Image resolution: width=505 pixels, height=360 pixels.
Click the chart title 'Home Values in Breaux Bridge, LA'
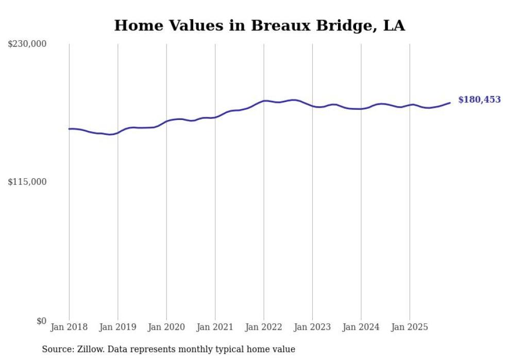[x=259, y=25]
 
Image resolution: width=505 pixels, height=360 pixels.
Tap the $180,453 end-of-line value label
[x=479, y=100]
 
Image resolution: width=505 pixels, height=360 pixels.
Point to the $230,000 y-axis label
[x=27, y=44]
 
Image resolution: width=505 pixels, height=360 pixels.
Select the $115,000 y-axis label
[x=27, y=182]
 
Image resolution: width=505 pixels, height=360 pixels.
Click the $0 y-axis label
[x=41, y=321]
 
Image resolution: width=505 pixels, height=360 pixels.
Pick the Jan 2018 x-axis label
[x=69, y=327]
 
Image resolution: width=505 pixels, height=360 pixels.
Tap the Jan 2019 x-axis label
[x=117, y=327]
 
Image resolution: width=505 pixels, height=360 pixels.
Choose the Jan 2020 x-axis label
[x=166, y=327]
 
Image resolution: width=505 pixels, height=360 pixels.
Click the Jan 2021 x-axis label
[x=215, y=327]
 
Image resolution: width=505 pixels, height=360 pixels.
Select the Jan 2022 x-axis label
[x=263, y=327]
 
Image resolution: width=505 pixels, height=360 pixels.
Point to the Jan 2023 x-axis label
[x=312, y=327]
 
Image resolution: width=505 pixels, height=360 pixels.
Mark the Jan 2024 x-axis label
[x=361, y=327]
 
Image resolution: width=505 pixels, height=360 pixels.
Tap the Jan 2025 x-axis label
[x=409, y=327]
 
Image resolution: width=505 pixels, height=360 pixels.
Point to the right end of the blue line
[x=450, y=102]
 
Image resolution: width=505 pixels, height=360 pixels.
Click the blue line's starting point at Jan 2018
[x=69, y=129]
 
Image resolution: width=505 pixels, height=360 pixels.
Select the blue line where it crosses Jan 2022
[x=264, y=101]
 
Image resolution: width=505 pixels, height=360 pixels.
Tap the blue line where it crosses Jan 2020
[x=166, y=121]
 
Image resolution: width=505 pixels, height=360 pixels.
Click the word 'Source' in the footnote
[x=57, y=349]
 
